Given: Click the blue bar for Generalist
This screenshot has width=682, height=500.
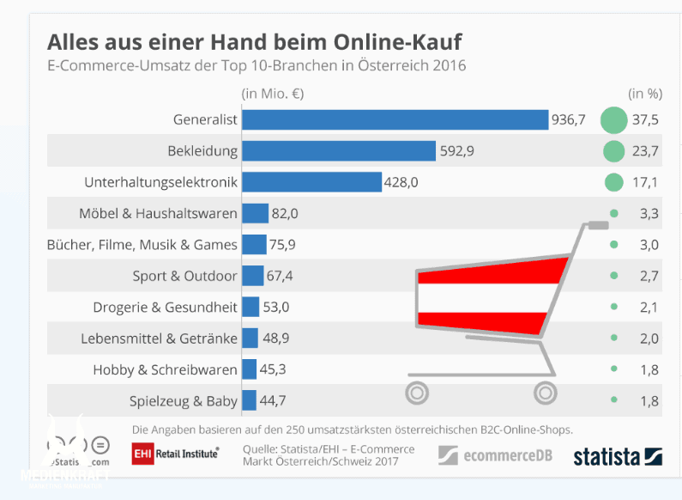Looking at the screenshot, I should click(395, 120).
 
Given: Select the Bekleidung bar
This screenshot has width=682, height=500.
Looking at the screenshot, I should click(339, 151).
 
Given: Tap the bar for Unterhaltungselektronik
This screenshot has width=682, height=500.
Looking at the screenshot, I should click(311, 182).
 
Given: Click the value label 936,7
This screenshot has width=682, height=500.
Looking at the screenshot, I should click(568, 120).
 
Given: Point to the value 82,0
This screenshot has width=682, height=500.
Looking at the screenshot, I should click(286, 213).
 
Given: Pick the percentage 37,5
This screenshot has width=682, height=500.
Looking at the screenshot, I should click(644, 120).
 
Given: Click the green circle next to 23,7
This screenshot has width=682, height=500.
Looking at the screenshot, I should click(613, 151).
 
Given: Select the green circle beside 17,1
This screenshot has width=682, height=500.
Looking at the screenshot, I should click(613, 182).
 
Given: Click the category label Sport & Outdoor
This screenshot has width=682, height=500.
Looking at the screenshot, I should click(184, 276).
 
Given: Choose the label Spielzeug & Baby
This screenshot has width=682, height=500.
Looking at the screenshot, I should click(183, 400).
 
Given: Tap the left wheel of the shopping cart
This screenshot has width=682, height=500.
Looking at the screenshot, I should click(417, 393).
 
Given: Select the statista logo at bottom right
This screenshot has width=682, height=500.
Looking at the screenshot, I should click(618, 455).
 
